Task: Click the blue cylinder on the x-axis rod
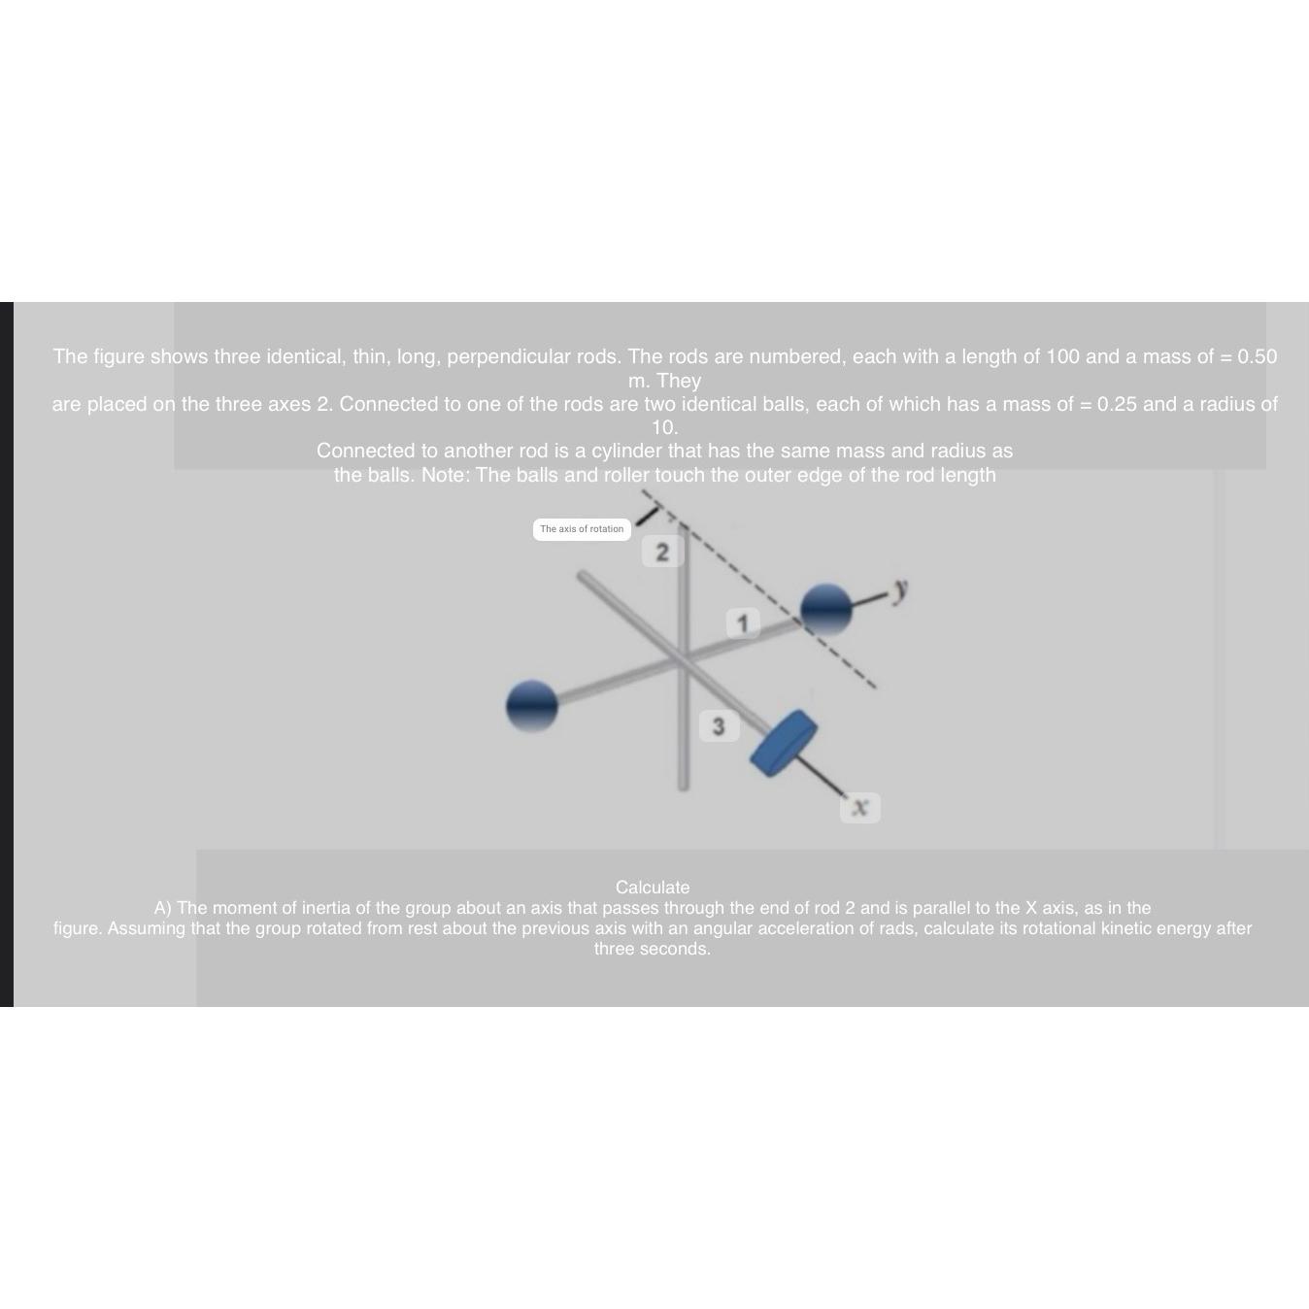tap(784, 743)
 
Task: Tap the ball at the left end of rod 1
tap(532, 705)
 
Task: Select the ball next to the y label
tap(826, 609)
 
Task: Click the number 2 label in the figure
tap(662, 552)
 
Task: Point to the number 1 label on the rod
tap(743, 622)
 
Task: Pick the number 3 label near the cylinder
tap(719, 726)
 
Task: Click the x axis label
tap(859, 807)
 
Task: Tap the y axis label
tap(901, 587)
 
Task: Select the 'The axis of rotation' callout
tap(582, 529)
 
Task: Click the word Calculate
tap(653, 888)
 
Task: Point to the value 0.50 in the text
tap(1258, 356)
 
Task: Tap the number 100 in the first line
tap(1062, 356)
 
